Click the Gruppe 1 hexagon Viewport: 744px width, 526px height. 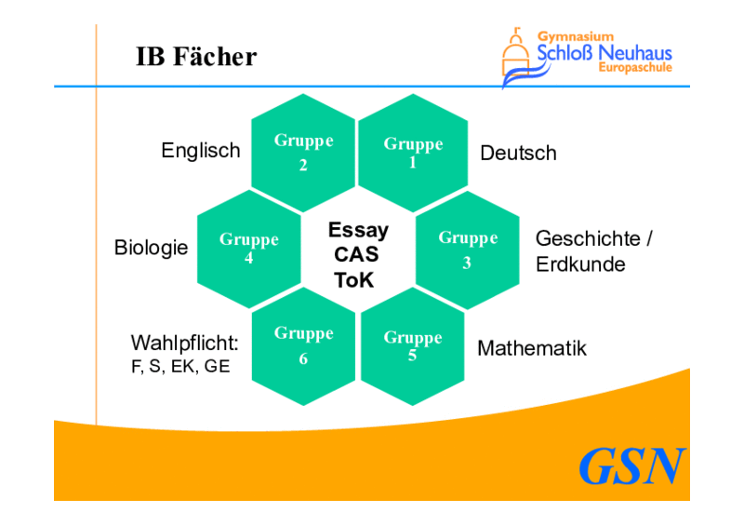click(413, 153)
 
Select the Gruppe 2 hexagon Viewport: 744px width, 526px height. click(303, 153)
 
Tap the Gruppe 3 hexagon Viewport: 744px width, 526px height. click(468, 250)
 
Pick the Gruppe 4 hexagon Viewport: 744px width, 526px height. click(249, 250)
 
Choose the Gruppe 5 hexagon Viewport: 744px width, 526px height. click(413, 346)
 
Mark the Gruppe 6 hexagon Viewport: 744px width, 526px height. click(303, 346)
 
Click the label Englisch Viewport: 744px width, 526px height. click(201, 151)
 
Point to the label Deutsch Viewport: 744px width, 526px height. click(518, 153)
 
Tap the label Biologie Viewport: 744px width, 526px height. click(151, 248)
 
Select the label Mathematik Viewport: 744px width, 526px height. click(532, 348)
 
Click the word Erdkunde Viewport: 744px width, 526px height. click(580, 264)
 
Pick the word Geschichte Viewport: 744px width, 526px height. click(588, 238)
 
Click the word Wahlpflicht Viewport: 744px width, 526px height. click(184, 344)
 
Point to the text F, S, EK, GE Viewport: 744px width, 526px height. click(180, 367)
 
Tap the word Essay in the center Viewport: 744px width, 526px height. click(358, 231)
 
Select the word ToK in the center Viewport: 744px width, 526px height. click(354, 280)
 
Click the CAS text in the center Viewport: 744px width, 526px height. click(356, 254)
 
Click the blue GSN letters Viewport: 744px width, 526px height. click(632, 466)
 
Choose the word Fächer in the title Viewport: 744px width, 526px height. click(215, 56)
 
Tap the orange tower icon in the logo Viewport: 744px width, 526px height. click(516, 52)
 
